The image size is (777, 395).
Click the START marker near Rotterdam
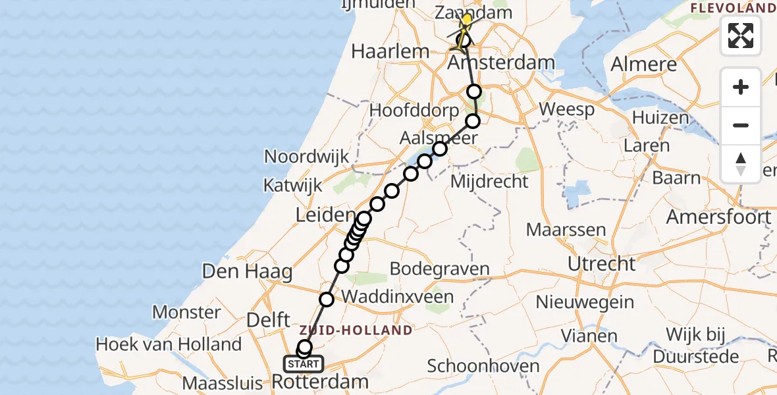[x=304, y=363]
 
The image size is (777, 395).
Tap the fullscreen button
[x=741, y=36]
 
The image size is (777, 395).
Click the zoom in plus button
[x=741, y=87]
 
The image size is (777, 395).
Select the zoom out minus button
[x=741, y=125]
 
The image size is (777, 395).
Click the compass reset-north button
[x=741, y=163]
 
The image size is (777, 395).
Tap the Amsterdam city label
[x=500, y=64]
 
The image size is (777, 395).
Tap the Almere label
[x=644, y=65]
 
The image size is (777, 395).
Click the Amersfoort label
[x=718, y=217]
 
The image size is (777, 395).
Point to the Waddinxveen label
[x=398, y=296]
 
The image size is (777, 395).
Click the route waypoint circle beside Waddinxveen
[x=327, y=300]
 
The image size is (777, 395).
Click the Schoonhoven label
[x=483, y=366]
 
